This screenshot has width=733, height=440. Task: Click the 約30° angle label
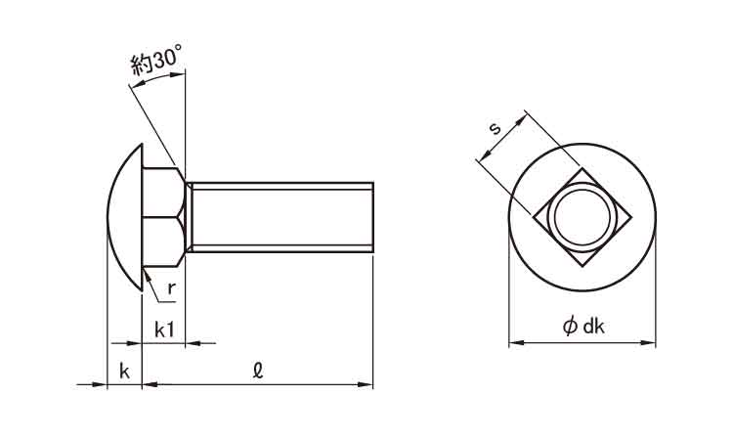pyautogui.click(x=155, y=60)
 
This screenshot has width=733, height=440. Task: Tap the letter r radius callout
pyautogui.click(x=172, y=288)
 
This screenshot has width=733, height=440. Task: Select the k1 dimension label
pyautogui.click(x=164, y=330)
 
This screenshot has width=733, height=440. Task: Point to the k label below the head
pyautogui.click(x=124, y=372)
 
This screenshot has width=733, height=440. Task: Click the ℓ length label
pyautogui.click(x=258, y=371)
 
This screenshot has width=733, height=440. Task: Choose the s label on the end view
pyautogui.click(x=495, y=128)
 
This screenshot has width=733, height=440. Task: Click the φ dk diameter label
pyautogui.click(x=583, y=326)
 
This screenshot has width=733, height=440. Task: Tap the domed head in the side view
pyautogui.click(x=124, y=217)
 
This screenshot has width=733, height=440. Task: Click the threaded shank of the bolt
pyautogui.click(x=280, y=217)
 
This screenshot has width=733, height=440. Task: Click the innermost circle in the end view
pyautogui.click(x=582, y=217)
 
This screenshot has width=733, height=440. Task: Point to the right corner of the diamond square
pyautogui.click(x=631, y=217)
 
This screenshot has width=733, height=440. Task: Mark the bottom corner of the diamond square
pyautogui.click(x=582, y=267)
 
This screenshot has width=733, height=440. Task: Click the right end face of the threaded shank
pyautogui.click(x=373, y=217)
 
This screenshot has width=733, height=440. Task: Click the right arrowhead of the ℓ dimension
pyautogui.click(x=366, y=385)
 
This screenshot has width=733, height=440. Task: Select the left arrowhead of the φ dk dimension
pyautogui.click(x=516, y=343)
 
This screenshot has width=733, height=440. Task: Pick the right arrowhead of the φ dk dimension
pyautogui.click(x=648, y=343)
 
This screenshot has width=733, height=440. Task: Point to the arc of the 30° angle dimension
pyautogui.click(x=156, y=78)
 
